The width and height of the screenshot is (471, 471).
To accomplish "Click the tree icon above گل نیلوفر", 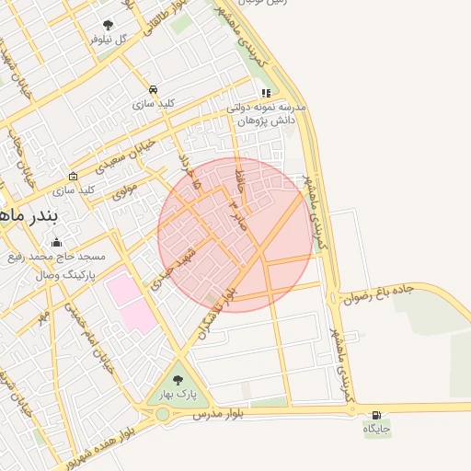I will coord(109,25).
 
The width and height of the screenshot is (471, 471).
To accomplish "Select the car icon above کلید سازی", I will coord(153,90).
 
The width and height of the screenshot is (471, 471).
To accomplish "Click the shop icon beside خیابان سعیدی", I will coord(74,176).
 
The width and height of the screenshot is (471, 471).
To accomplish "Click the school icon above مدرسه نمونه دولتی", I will coord(266,93).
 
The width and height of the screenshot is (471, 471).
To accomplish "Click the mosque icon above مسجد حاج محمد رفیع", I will coord(57,242).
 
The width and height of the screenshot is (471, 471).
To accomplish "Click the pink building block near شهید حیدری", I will coord(130,300).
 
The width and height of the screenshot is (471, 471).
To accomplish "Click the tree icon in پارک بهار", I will coord(178,379).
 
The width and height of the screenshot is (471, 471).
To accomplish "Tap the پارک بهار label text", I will coord(178,394).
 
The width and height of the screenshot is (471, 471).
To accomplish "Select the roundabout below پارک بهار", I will coord(163,414).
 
